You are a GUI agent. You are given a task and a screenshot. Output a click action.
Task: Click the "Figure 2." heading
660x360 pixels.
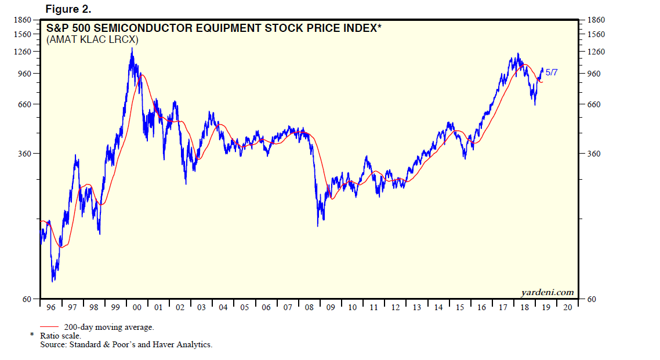[68, 9]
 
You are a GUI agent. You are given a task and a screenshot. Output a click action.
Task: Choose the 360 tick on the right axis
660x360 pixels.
[595, 154]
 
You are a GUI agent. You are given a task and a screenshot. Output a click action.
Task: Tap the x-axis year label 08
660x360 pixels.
[309, 307]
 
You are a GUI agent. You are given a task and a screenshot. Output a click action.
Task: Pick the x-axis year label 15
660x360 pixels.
[460, 307]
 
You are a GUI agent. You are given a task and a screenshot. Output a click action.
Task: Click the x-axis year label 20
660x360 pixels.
[567, 307]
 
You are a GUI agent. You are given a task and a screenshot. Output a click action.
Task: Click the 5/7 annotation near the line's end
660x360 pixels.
[551, 72]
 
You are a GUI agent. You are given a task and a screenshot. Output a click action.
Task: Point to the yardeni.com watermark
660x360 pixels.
[547, 292]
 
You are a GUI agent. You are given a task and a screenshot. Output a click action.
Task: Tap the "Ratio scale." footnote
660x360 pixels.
[60, 336]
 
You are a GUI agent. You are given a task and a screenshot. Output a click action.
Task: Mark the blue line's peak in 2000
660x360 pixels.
[132, 48]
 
